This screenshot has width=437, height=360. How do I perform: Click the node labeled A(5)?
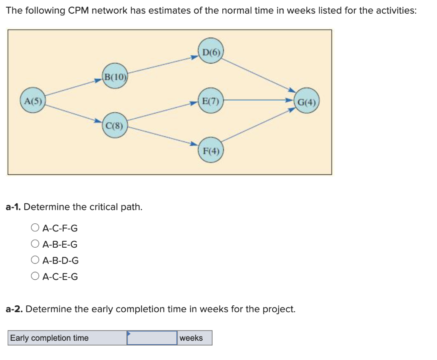point(33,102)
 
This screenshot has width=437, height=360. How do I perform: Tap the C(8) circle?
point(115,126)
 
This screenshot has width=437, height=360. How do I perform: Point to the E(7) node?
point(210,102)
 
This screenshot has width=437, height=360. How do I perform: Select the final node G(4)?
point(307,102)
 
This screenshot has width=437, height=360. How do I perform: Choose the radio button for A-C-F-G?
point(35,228)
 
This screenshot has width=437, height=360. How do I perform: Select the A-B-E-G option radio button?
point(35,244)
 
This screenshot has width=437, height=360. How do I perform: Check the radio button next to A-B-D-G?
point(35,260)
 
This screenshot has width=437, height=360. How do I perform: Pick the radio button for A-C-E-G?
point(35,276)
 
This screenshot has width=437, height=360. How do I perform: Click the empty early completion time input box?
point(152,338)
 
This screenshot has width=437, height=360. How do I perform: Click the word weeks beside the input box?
point(191,338)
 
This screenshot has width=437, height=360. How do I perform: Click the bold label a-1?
point(14,207)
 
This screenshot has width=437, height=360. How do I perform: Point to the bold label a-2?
point(14,309)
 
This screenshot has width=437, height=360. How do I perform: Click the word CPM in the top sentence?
point(79,11)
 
